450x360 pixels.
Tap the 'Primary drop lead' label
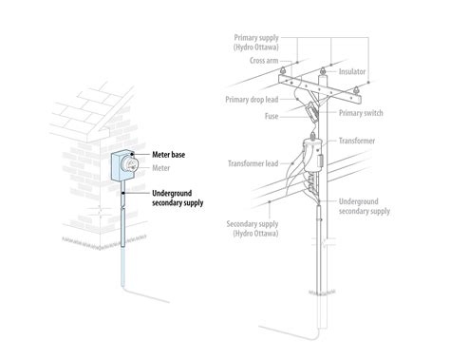coord(253,97)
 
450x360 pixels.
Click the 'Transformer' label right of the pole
coord(357,140)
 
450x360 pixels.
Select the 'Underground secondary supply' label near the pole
coord(366,206)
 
